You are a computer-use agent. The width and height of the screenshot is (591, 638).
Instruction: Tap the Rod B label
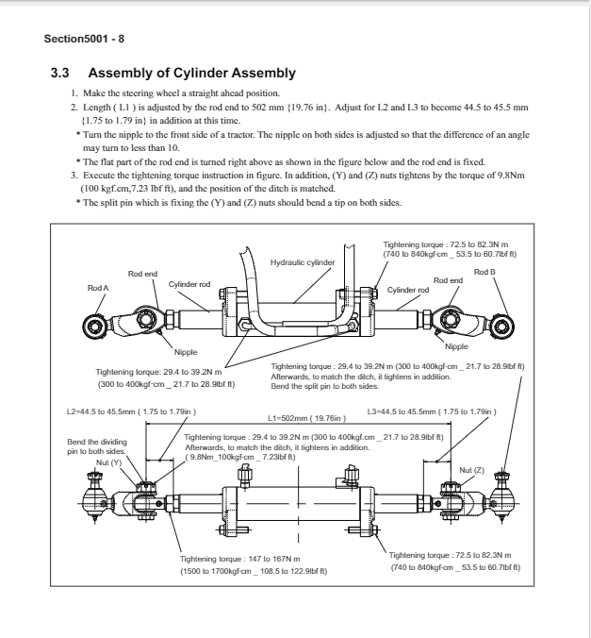pos(484,273)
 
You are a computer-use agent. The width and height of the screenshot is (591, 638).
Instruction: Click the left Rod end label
pos(143,274)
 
